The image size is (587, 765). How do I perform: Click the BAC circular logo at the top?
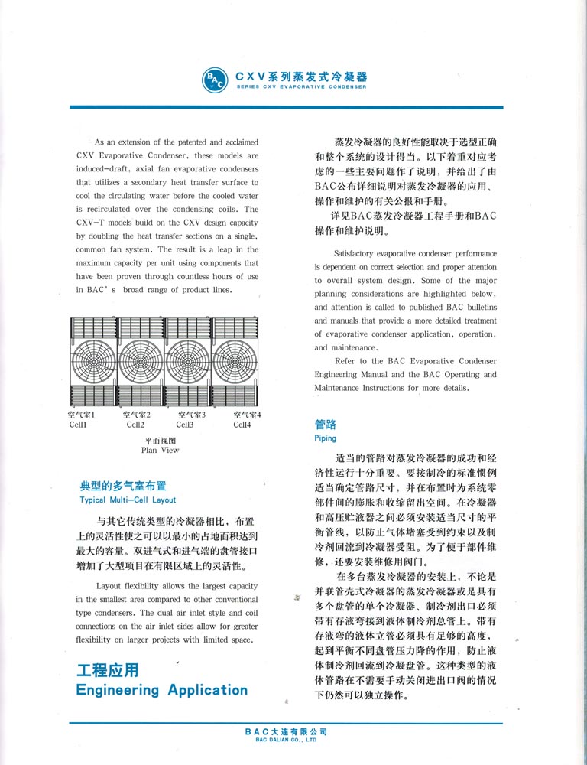click(x=213, y=80)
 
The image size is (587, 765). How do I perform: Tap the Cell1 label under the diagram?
click(x=78, y=425)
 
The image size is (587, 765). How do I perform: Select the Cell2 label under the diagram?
click(x=135, y=425)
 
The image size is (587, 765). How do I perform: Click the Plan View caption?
click(x=160, y=451)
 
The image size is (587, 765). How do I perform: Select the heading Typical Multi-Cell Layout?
click(x=128, y=500)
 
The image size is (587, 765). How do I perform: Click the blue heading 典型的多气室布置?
click(x=123, y=486)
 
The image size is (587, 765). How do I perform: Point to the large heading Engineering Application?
click(x=162, y=690)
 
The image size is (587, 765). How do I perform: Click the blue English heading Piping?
click(x=325, y=438)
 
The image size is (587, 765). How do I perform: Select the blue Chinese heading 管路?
click(x=326, y=424)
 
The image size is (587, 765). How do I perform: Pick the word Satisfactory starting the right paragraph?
click(x=355, y=253)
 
